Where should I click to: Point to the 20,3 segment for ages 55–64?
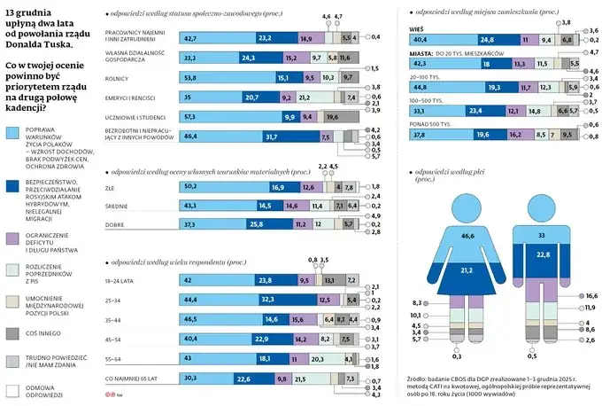(x=317, y=358)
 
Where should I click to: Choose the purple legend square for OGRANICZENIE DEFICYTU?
(x=12, y=237)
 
